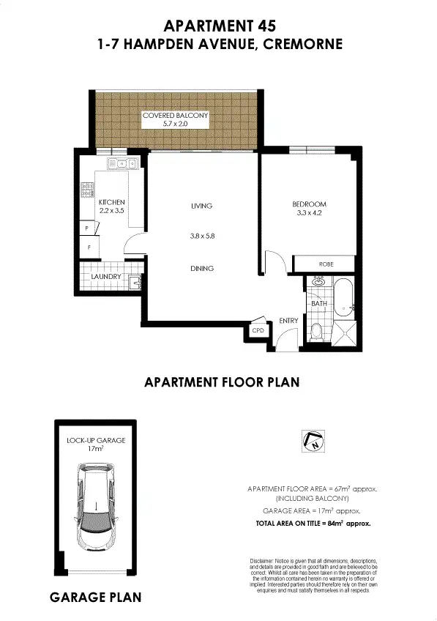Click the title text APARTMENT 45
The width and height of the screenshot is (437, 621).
[x=220, y=26]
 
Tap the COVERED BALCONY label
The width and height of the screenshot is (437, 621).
[x=176, y=116]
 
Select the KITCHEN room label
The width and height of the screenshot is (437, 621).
[x=112, y=202]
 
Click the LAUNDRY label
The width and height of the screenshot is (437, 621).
[x=105, y=277]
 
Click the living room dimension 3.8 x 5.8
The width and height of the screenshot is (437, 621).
[x=201, y=236]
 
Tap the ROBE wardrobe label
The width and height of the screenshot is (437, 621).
[x=326, y=264]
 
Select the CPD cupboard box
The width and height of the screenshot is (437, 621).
[x=257, y=331]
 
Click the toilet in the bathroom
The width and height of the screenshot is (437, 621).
[x=315, y=332]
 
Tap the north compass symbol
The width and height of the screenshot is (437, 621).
[x=313, y=441]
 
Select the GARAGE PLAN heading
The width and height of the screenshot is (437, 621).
[x=95, y=598]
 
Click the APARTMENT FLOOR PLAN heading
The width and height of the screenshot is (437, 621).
[x=222, y=382]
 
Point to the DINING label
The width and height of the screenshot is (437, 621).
[x=201, y=269]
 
